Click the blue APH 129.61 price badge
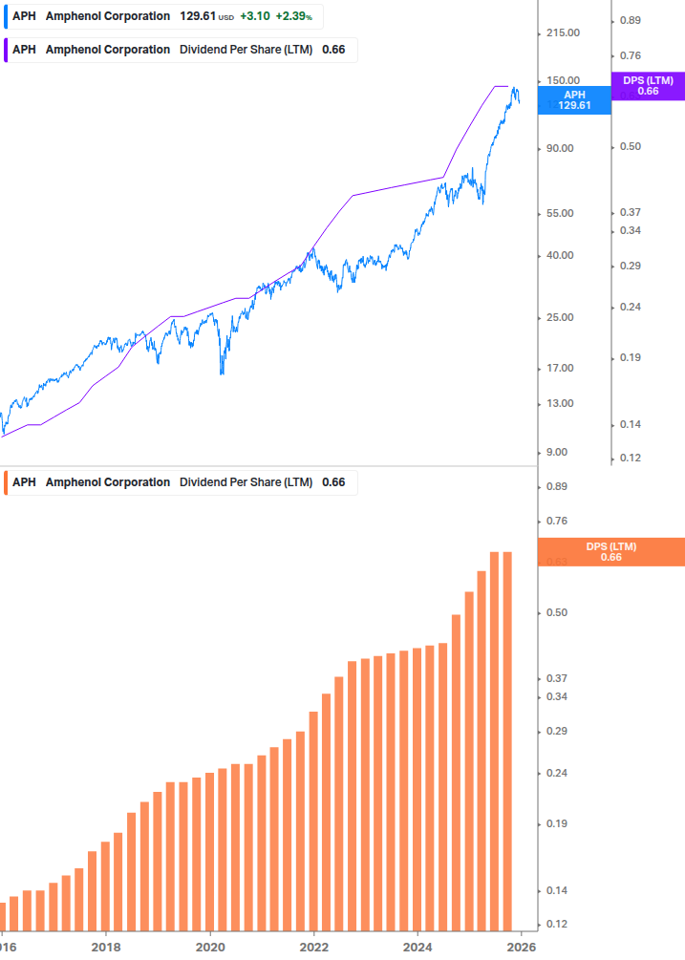574,100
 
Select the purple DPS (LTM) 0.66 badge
648,86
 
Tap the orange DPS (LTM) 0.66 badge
611,552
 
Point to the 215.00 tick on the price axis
562,33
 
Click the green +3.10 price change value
254,16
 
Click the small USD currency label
225,17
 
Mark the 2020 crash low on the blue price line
222,373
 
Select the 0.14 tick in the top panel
630,424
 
